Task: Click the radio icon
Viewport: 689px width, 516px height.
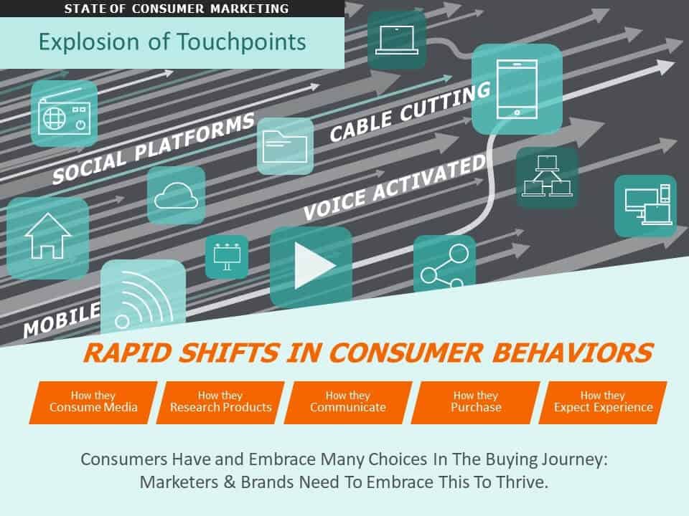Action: (63, 115)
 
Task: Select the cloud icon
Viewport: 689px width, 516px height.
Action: (176, 194)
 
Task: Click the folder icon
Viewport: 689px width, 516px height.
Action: (285, 146)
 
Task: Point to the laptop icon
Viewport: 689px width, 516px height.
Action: (396, 39)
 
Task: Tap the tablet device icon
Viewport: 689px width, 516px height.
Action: (516, 89)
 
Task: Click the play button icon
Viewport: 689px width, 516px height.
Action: (311, 266)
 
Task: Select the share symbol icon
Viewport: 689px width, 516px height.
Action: (444, 265)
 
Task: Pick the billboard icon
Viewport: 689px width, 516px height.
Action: (227, 257)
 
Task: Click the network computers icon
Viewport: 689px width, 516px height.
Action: (547, 178)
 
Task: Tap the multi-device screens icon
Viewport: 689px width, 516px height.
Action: (645, 205)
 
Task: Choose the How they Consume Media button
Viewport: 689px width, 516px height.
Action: (93, 401)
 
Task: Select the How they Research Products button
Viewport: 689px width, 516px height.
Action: (220, 401)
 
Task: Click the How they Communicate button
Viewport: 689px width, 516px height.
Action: (348, 401)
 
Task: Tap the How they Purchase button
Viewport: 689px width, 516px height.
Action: (475, 401)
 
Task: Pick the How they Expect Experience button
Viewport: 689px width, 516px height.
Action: (603, 401)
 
